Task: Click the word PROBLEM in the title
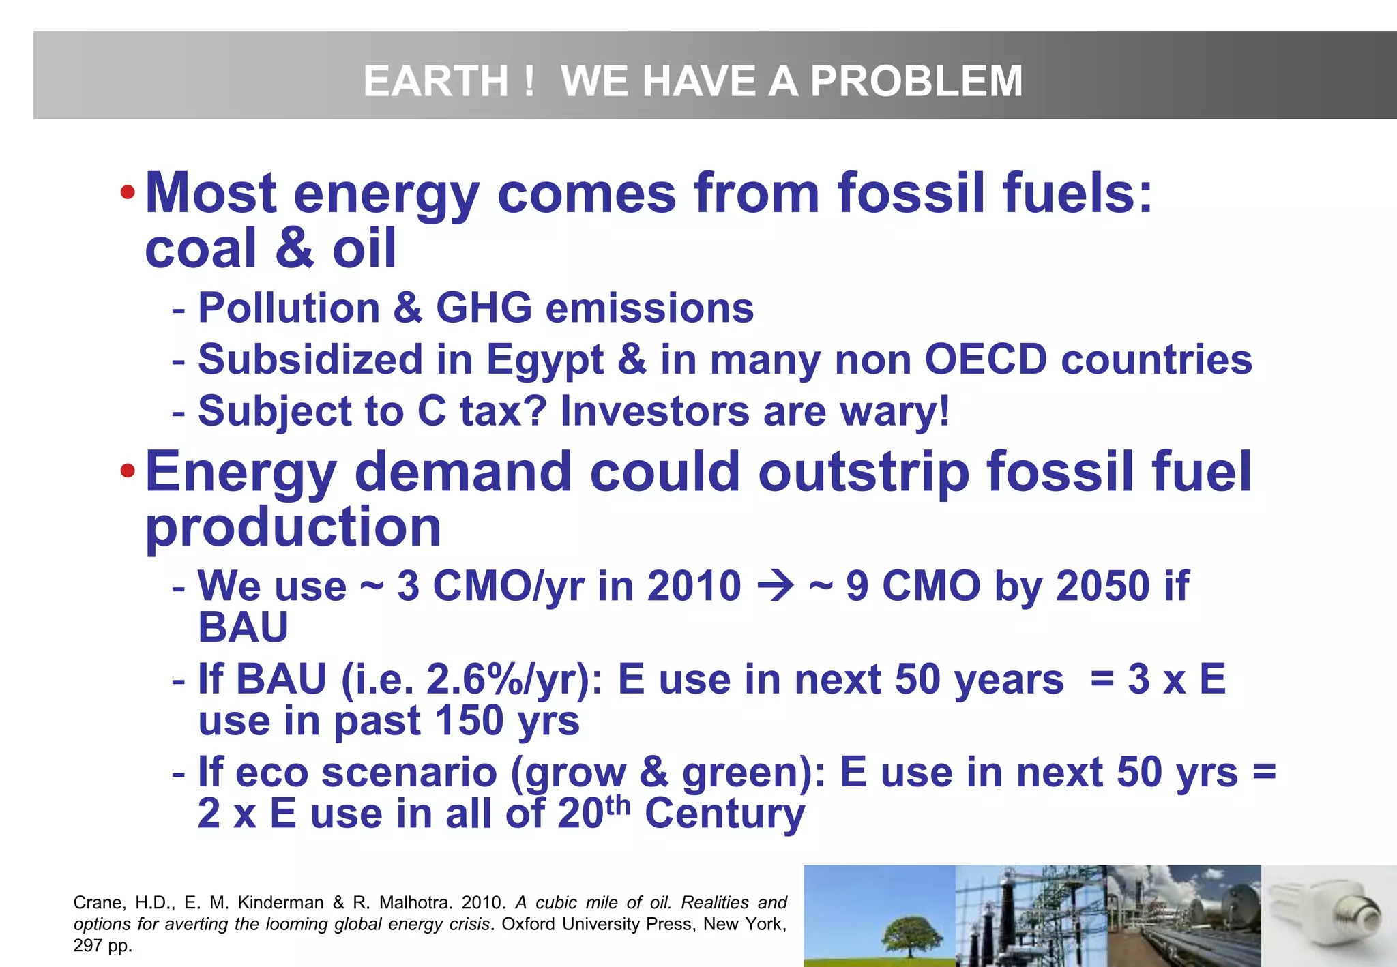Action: tap(916, 81)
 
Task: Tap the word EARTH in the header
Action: tap(435, 81)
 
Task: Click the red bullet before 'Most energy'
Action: tap(127, 193)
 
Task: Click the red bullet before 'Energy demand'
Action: tap(127, 471)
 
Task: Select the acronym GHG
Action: tap(484, 308)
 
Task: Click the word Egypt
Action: tap(544, 360)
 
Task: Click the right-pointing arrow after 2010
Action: tap(776, 586)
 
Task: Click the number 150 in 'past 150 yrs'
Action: tap(469, 721)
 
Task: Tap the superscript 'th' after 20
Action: tap(617, 805)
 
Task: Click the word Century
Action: tap(724, 814)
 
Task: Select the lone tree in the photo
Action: tap(911, 935)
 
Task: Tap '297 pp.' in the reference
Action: tap(102, 946)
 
